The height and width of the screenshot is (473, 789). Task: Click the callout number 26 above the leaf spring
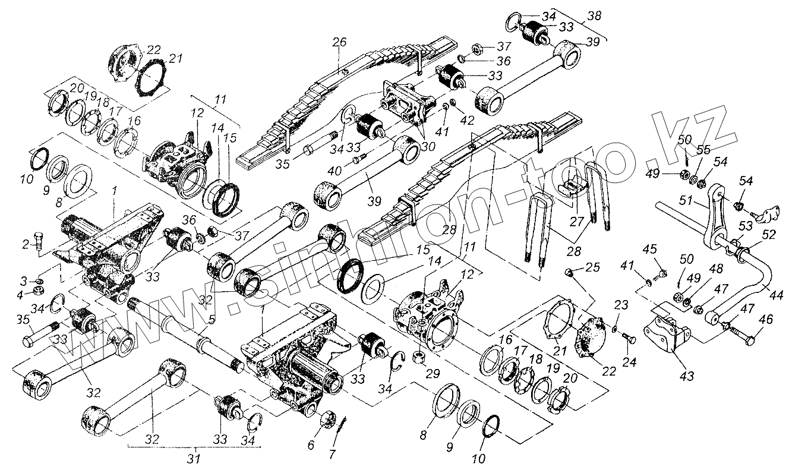tap(339, 43)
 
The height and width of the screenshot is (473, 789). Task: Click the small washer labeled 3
tap(39, 280)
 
